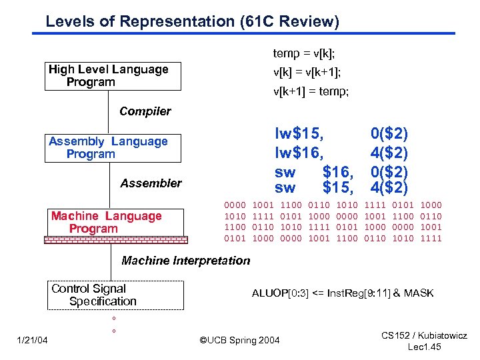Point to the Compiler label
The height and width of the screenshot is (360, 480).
(x=145, y=111)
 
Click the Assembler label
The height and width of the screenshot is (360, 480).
(x=151, y=183)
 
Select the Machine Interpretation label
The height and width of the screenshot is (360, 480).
(x=185, y=261)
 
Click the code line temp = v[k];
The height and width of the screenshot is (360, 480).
(x=303, y=53)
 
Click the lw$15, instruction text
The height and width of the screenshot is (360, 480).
(x=299, y=133)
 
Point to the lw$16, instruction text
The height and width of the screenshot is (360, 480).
(x=299, y=153)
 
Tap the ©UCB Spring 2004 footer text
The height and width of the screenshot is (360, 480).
(x=240, y=341)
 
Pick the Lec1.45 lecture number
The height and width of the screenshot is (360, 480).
(x=425, y=348)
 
